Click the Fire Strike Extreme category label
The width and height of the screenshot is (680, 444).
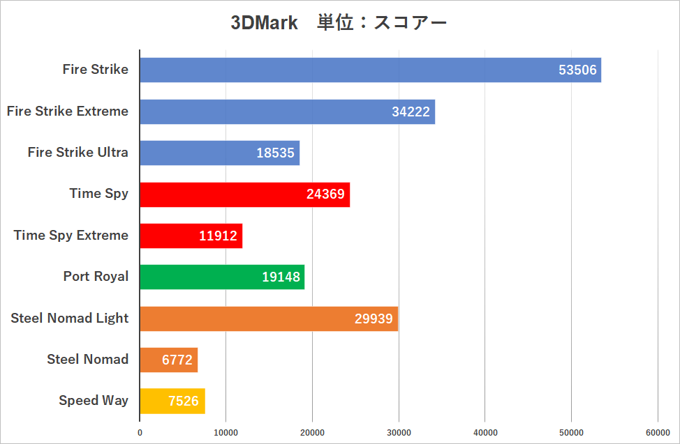pyautogui.click(x=68, y=111)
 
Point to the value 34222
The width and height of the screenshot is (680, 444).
pyautogui.click(x=411, y=112)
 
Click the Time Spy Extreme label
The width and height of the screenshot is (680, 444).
pyautogui.click(x=71, y=235)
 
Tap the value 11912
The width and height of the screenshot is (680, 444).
pyautogui.click(x=219, y=236)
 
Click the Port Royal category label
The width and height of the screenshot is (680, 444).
pyautogui.click(x=96, y=276)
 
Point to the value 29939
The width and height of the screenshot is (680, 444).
pyautogui.click(x=374, y=319)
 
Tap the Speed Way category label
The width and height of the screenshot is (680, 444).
pyautogui.click(x=94, y=400)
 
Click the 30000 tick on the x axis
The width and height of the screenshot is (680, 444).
pyautogui.click(x=399, y=433)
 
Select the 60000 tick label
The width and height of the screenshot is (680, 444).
pyautogui.click(x=658, y=433)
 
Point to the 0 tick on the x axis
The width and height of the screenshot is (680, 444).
pyautogui.click(x=140, y=433)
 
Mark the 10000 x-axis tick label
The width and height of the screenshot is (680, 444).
pyautogui.click(x=226, y=433)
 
